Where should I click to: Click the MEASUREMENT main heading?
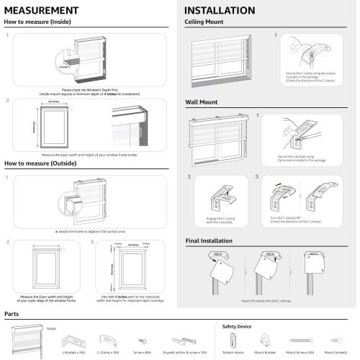(41, 11)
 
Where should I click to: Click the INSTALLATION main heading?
(220, 11)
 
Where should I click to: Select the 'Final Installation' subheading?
(214, 240)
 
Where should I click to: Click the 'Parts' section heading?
(12, 315)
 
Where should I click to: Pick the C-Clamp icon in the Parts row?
(109, 338)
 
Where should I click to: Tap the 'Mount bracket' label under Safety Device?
(266, 354)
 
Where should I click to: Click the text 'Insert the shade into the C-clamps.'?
(270, 300)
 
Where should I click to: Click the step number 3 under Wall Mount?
(257, 176)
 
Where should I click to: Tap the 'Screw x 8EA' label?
(142, 354)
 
